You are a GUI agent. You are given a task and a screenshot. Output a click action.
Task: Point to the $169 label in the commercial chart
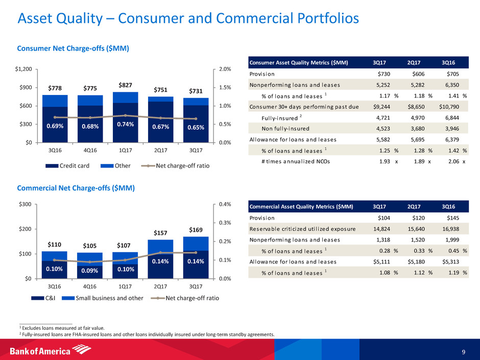(x=195, y=230)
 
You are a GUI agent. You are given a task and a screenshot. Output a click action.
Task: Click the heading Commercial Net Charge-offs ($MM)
(x=76, y=188)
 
